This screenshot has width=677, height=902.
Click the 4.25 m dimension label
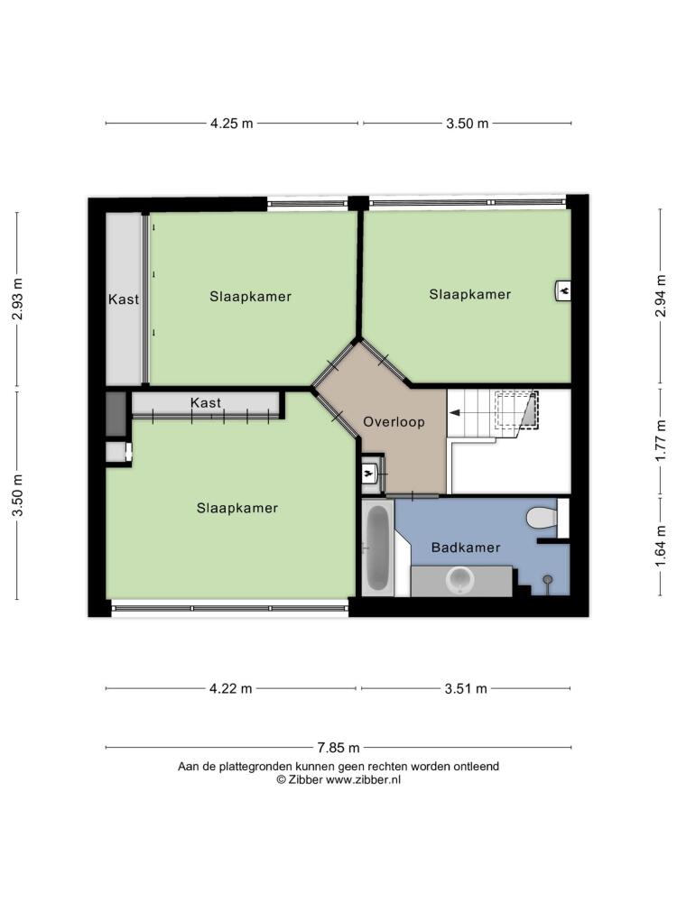231,123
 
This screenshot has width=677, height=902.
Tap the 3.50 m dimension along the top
467,123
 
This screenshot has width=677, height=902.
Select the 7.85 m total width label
338,747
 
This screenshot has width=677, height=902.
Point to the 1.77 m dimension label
661,440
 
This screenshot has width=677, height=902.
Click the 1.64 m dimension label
661,546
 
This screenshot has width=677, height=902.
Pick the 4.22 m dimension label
231,688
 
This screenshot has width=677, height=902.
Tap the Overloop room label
394,421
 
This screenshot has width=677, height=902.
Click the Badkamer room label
466,548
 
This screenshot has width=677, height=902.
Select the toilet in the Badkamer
542,517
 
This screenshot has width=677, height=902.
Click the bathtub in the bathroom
377,548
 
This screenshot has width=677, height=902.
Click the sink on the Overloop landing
369,474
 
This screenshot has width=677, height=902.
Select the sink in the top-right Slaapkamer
562,290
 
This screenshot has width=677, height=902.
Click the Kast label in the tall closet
124,299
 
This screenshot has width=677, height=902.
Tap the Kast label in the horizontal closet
206,402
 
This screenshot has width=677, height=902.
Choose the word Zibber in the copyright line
305,780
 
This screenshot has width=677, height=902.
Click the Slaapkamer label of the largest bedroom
237,508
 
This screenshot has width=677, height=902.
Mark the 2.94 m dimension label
661,296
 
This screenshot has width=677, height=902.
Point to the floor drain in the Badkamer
548,579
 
